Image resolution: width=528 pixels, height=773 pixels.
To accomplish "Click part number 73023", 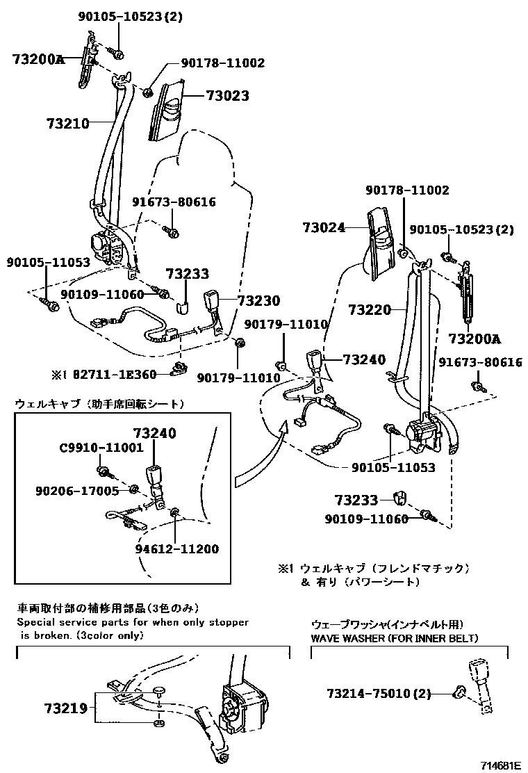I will (x=227, y=96).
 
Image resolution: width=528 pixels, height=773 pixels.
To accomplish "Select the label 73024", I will (x=324, y=227).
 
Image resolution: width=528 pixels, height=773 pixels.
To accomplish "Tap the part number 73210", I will (x=68, y=124).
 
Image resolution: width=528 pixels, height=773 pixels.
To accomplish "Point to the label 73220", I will (x=370, y=309).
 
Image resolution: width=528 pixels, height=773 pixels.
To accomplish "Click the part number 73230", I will (x=258, y=301).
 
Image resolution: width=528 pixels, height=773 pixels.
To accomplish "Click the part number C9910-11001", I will (x=101, y=448).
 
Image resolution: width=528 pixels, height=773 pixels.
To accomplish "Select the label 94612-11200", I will (x=177, y=549).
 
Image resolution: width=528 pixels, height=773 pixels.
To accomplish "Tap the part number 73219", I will (x=65, y=709).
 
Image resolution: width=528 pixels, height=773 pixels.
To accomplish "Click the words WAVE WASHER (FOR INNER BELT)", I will (x=394, y=638).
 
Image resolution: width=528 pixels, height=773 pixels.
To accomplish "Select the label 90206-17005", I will (x=77, y=491).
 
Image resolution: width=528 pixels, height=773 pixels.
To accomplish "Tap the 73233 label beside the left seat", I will (x=187, y=275).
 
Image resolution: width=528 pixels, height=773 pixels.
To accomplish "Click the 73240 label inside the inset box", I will (x=154, y=433).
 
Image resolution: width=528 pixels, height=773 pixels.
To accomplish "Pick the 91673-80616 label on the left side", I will (x=174, y=202).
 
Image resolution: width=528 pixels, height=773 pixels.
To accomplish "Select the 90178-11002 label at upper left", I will (x=224, y=63).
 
